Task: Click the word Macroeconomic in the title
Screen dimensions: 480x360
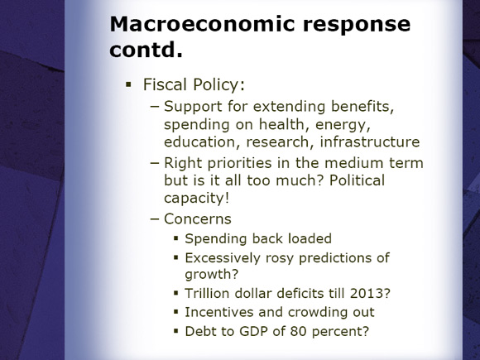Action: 202,24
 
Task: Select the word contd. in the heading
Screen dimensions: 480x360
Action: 146,50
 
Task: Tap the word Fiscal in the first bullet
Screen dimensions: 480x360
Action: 165,84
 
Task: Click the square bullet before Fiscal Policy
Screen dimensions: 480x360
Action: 128,84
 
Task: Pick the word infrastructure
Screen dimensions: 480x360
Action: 370,142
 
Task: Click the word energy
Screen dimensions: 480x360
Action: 343,125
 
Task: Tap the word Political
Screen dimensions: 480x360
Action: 357,180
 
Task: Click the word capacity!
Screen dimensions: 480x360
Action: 196,198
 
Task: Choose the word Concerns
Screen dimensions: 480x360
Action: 198,218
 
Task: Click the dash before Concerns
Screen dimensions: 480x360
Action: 155,219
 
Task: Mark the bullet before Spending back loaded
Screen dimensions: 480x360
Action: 175,238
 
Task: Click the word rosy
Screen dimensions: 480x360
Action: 280,258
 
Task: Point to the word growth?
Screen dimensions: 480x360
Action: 212,274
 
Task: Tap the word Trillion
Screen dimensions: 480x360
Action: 207,293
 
